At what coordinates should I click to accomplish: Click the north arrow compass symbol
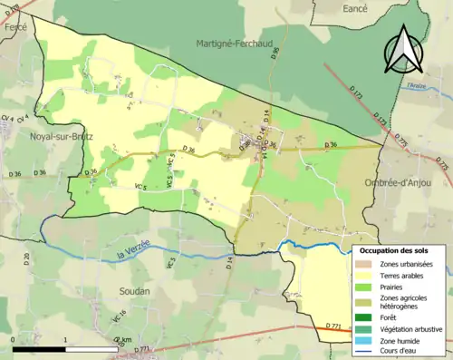click(x=404, y=49)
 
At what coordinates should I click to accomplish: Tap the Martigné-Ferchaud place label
click(x=234, y=43)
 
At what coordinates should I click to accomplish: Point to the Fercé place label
click(x=15, y=27)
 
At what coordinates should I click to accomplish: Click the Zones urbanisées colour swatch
click(x=368, y=264)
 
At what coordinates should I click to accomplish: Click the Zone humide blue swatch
click(x=368, y=339)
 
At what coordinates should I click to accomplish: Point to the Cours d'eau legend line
click(x=368, y=350)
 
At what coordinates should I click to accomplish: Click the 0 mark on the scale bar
click(x=13, y=340)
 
